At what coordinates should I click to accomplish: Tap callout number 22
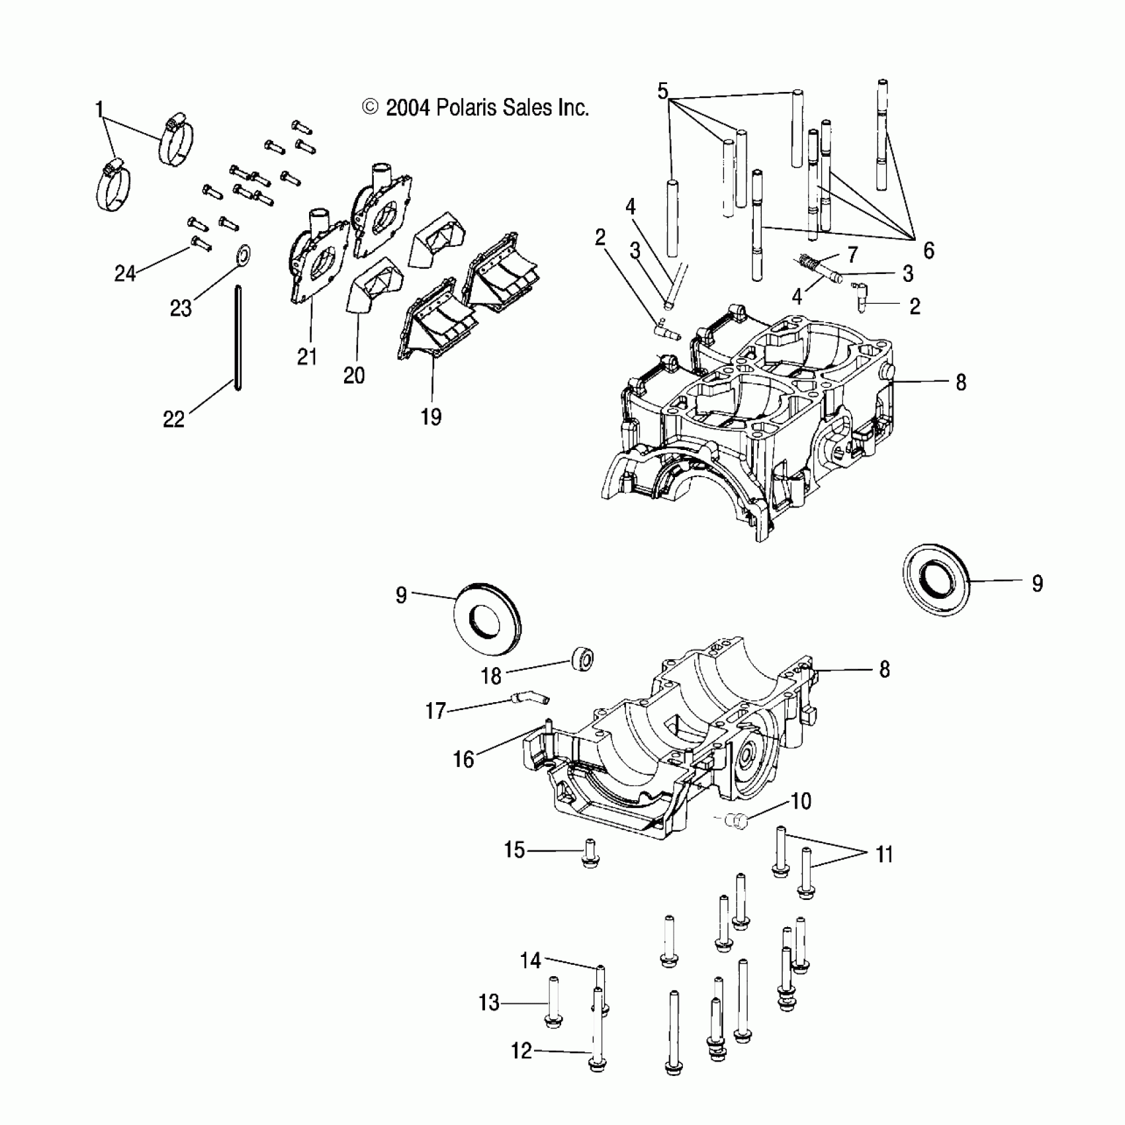click(x=174, y=419)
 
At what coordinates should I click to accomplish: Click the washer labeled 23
click(x=244, y=253)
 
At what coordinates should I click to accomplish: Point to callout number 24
click(x=124, y=273)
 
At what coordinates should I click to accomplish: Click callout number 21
click(x=306, y=357)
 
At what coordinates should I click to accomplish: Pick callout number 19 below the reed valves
click(x=431, y=417)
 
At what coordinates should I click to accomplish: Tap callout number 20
click(x=354, y=375)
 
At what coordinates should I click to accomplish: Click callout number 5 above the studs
click(x=663, y=91)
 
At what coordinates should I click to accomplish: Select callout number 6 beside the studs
click(x=928, y=250)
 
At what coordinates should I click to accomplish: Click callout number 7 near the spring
click(x=852, y=254)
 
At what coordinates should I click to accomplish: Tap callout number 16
click(x=463, y=759)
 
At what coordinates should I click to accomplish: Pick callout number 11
click(x=884, y=854)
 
